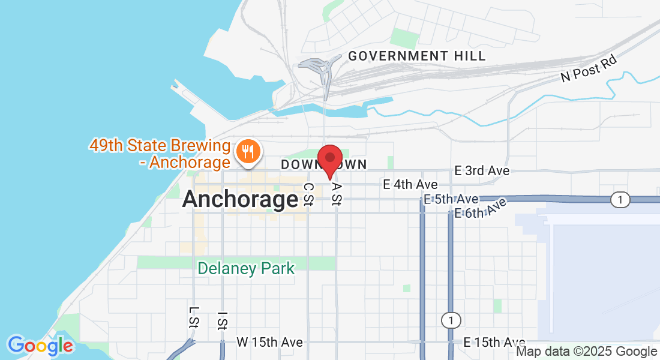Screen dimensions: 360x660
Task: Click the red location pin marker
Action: click(x=329, y=160)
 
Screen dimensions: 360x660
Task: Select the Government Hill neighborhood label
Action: click(x=417, y=56)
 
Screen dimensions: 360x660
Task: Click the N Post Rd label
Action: click(x=589, y=67)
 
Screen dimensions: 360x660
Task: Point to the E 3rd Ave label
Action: click(x=482, y=171)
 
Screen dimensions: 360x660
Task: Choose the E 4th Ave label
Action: click(x=410, y=185)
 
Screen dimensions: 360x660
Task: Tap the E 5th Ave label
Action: click(x=451, y=199)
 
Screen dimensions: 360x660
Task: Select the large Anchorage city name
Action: click(x=240, y=199)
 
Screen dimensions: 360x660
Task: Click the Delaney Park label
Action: click(x=247, y=268)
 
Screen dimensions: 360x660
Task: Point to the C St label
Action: click(x=308, y=194)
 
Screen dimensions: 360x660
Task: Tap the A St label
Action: click(x=336, y=194)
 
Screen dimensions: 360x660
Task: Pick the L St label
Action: click(x=193, y=318)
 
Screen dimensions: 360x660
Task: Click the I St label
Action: click(x=222, y=320)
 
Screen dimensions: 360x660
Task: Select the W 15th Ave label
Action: click(x=269, y=342)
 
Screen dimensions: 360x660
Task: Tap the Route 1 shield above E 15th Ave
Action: click(x=451, y=320)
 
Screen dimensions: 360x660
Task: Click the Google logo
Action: click(x=40, y=346)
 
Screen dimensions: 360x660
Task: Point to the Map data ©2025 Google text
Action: click(x=587, y=352)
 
